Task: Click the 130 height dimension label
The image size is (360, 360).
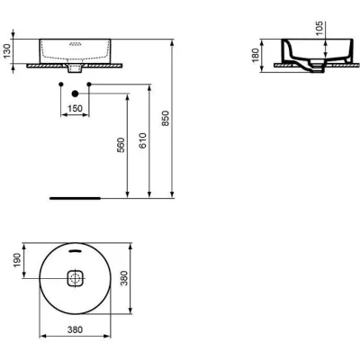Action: (x=8, y=52)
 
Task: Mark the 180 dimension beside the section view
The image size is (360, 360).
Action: (x=256, y=56)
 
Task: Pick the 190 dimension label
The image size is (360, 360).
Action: (x=8, y=261)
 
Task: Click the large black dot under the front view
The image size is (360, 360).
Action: (x=76, y=93)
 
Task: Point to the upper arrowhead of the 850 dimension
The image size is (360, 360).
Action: (x=172, y=40)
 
